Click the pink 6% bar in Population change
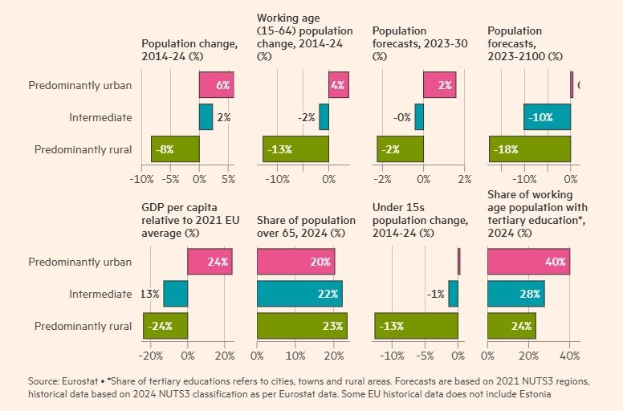(216, 84)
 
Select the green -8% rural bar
(175, 149)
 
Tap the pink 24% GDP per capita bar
(210, 262)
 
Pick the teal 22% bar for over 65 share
(299, 294)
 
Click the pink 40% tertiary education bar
(528, 262)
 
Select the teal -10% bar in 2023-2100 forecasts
(547, 117)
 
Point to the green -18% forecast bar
(530, 149)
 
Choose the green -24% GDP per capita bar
(165, 326)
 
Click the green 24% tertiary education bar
(511, 326)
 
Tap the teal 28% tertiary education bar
(515, 294)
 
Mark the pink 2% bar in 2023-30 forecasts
(439, 84)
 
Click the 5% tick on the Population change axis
(229, 178)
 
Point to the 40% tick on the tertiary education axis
(569, 355)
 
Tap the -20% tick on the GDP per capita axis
(152, 355)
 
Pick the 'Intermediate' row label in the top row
(100, 117)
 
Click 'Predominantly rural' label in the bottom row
(80, 326)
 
